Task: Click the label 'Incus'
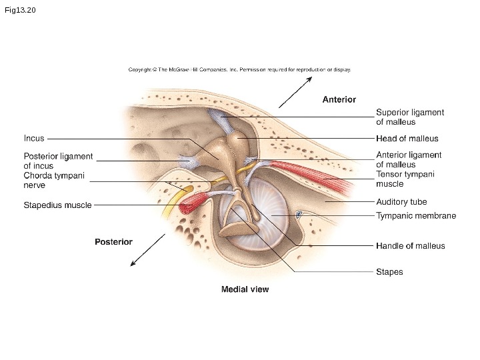(x=34, y=139)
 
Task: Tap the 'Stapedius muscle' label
(x=57, y=205)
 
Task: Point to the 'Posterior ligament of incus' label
(x=58, y=161)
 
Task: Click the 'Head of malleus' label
(x=407, y=139)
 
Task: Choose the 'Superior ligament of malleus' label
(x=410, y=117)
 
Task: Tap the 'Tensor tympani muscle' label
(x=405, y=179)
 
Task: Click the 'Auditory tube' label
(x=401, y=201)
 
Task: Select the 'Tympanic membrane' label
(x=416, y=216)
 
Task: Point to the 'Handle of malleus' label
(x=410, y=246)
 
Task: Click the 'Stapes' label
(x=389, y=272)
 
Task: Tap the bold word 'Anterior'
(x=339, y=99)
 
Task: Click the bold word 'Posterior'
(x=113, y=241)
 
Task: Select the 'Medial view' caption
(x=245, y=289)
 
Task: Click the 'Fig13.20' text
(x=19, y=11)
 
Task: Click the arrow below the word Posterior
(x=147, y=250)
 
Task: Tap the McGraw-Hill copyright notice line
(x=239, y=69)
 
